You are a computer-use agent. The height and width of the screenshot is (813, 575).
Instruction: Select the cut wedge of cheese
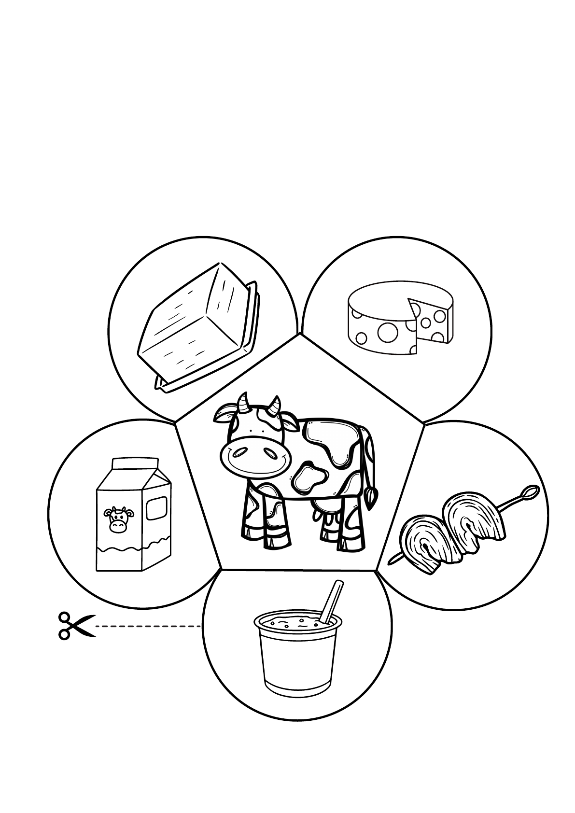(431, 321)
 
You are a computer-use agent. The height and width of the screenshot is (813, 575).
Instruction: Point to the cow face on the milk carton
(117, 519)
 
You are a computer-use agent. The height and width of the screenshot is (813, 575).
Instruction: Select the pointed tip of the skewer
(392, 560)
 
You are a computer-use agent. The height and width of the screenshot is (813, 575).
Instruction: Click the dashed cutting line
(147, 626)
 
